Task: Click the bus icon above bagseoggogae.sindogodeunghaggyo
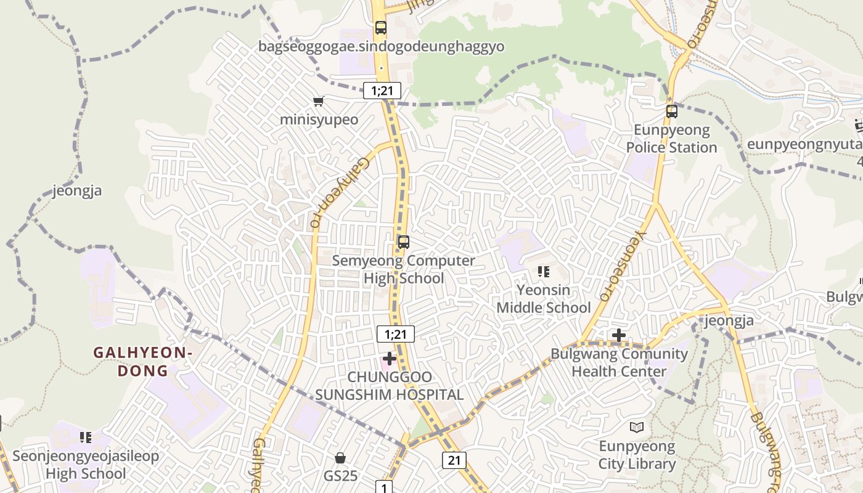pos(381,28)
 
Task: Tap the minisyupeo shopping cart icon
pos(318,102)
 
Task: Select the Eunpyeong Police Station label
pos(671,139)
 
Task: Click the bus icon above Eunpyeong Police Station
pos(672,112)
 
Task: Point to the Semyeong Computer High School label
pos(404,269)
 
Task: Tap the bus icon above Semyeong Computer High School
pos(404,242)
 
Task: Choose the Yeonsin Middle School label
pos(544,298)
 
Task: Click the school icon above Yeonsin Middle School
pos(543,271)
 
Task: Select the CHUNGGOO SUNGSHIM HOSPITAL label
pos(390,386)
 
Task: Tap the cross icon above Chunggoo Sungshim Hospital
pos(390,358)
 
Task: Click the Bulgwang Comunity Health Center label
pos(619,362)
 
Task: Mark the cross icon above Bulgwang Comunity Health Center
pos(619,335)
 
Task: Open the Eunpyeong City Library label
pos(637,455)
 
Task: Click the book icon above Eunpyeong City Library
pos(637,427)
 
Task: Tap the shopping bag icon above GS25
pos(340,457)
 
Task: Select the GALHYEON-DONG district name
pos(143,362)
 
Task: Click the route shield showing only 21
pos(454,460)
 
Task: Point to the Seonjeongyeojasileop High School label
pos(86,465)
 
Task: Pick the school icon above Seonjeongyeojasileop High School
pos(86,438)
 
